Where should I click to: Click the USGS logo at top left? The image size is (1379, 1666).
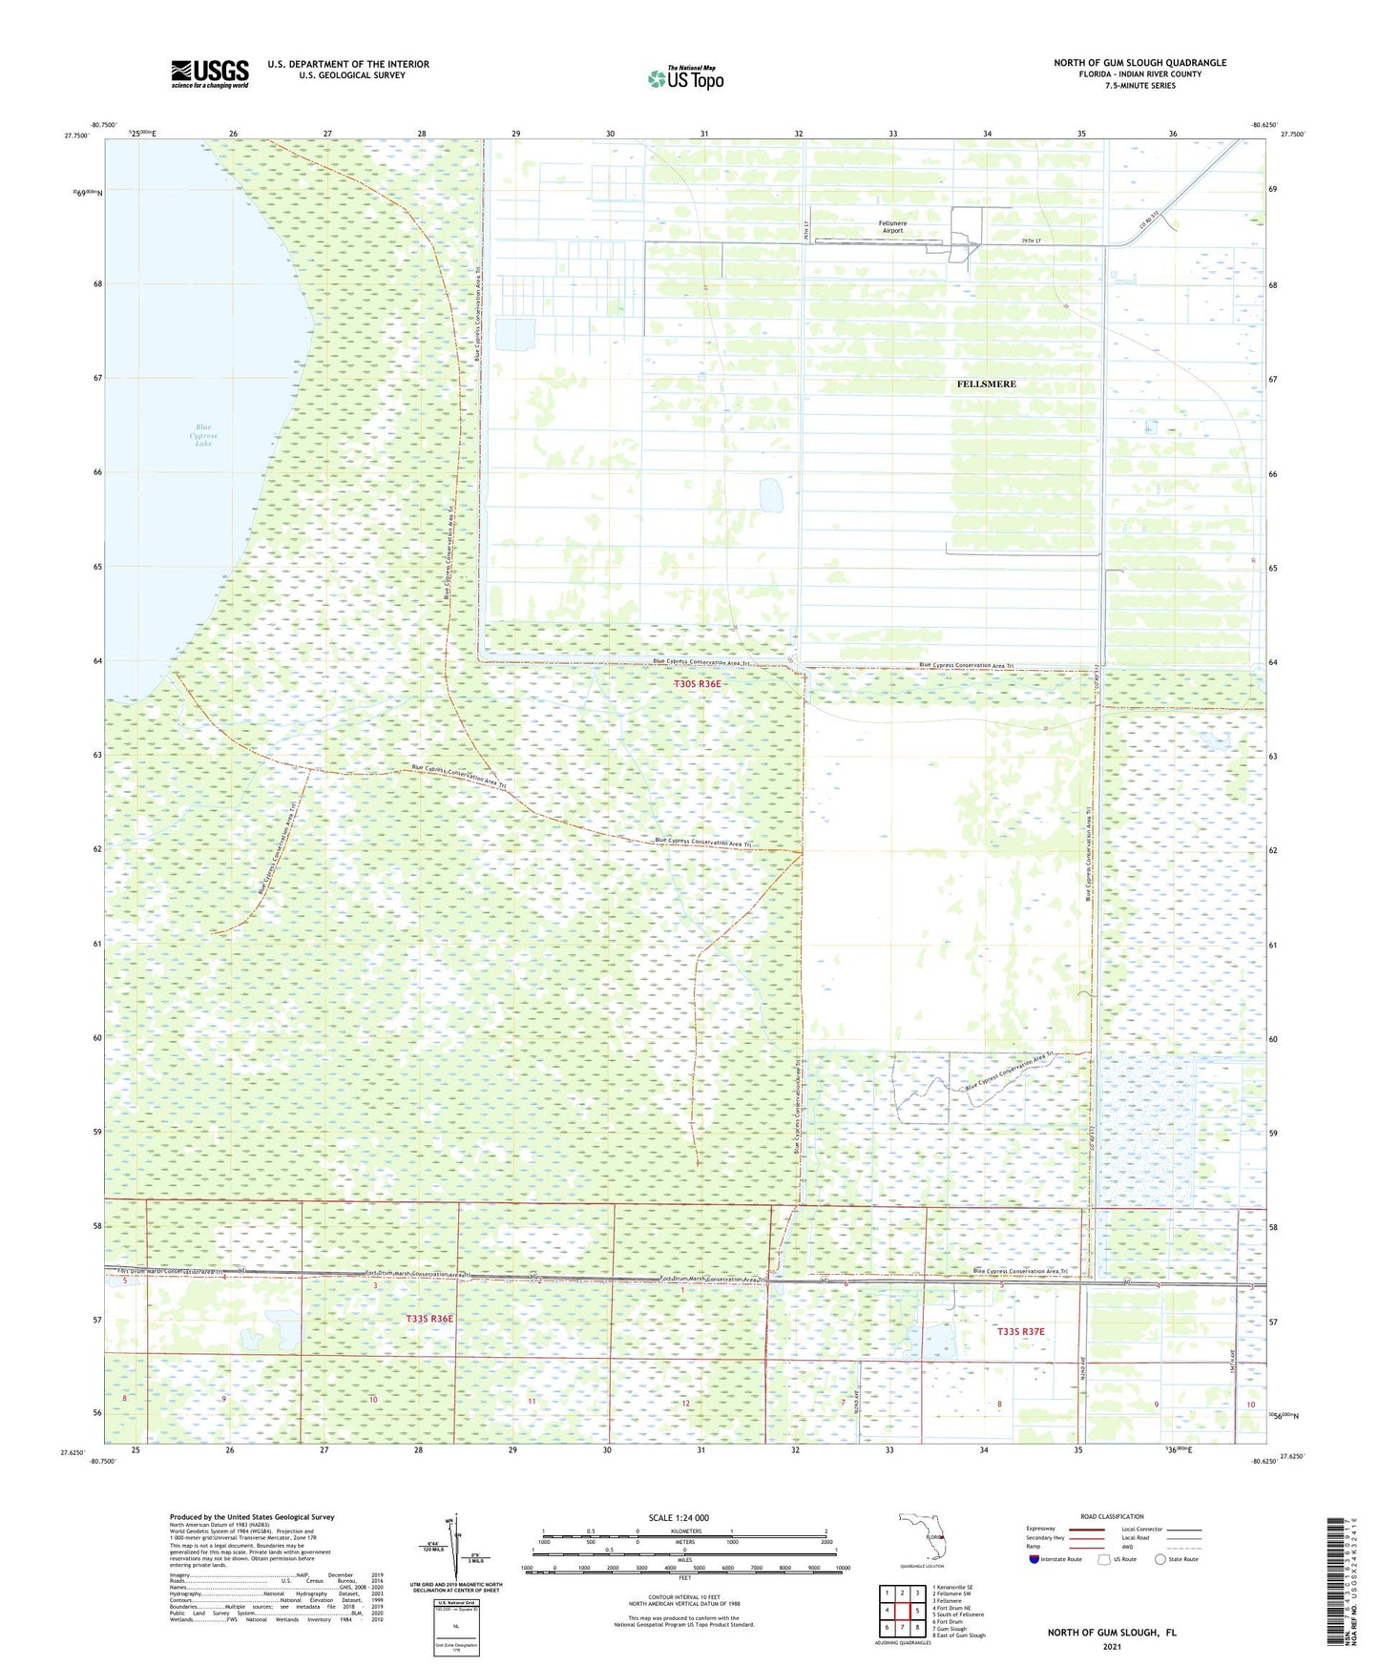point(210,73)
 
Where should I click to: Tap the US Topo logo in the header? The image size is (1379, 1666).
point(684,78)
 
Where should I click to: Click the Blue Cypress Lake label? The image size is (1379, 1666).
point(203,435)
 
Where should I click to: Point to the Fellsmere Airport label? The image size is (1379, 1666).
point(893,227)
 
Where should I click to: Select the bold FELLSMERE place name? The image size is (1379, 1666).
point(986,384)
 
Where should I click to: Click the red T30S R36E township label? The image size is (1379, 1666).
point(702,684)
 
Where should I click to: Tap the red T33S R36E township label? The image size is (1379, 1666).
point(429,1319)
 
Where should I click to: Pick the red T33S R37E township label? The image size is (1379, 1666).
point(1020,1331)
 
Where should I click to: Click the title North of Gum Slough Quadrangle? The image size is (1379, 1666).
point(1139,63)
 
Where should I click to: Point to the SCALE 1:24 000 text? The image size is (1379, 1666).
point(679,1517)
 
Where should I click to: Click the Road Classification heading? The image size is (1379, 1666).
point(1112,1516)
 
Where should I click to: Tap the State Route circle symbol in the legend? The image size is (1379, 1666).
point(1160,1559)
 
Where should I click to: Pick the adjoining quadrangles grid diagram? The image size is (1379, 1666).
point(902,1612)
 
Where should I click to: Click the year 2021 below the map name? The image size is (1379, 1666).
point(1111,1646)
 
